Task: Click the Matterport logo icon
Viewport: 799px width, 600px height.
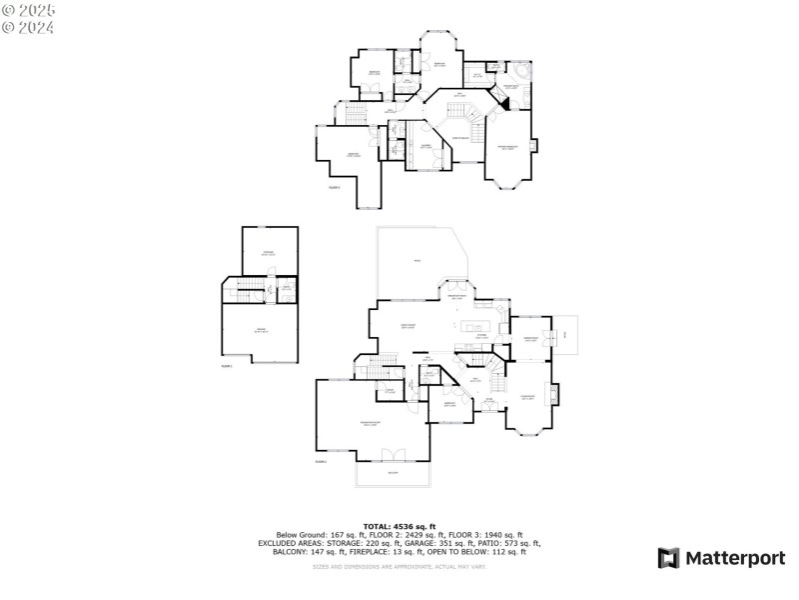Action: coord(668,558)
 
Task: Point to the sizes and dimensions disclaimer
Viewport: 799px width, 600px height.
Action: coord(399,567)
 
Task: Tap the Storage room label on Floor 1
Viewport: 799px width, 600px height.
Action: coord(268,253)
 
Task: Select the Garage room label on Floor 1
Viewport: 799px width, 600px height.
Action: coord(260,330)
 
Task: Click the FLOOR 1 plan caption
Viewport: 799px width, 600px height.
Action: coord(227,366)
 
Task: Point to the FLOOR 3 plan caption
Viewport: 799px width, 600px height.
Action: coord(334,187)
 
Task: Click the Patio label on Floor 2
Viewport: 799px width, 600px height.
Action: coord(416,262)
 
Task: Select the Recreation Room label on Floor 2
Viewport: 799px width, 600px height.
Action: coord(370,424)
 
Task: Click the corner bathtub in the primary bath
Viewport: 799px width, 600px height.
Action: coord(522,76)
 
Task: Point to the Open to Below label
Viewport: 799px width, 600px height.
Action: coord(461,137)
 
